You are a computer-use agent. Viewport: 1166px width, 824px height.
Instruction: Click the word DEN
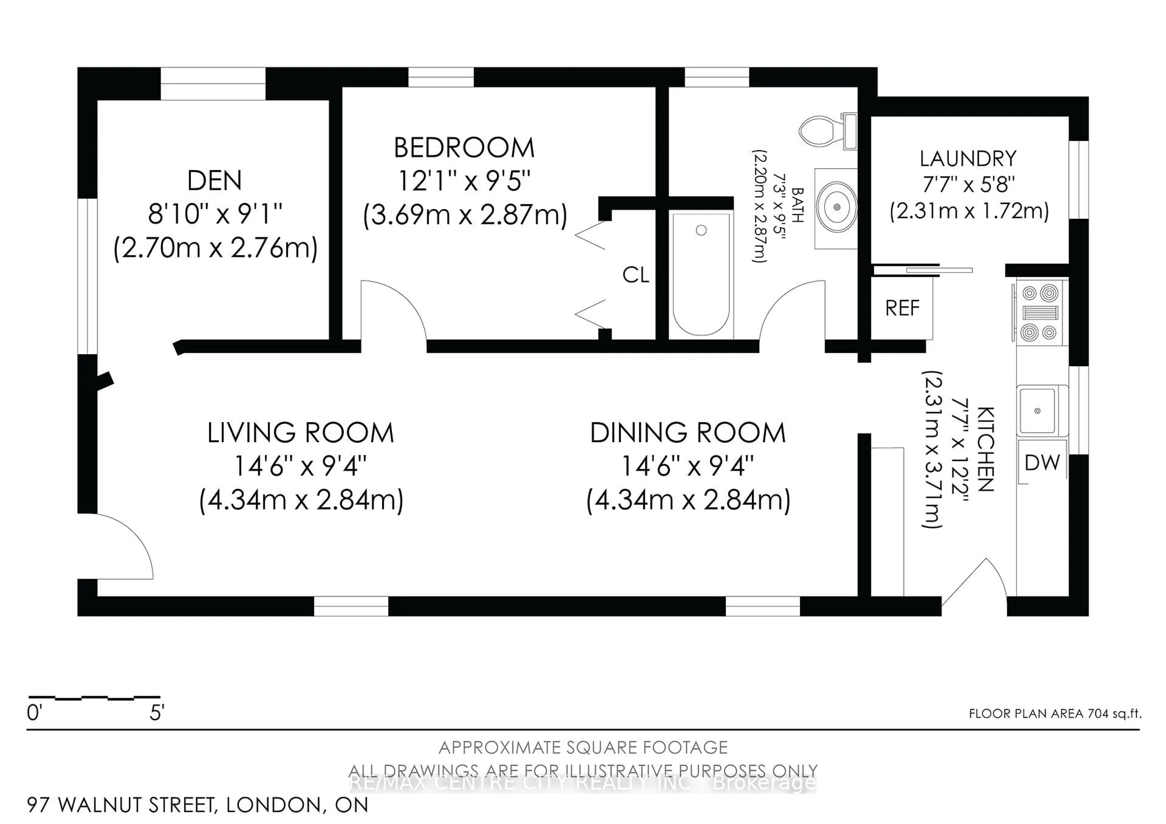click(x=214, y=181)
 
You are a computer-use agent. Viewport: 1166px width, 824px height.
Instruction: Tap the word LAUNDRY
click(x=968, y=159)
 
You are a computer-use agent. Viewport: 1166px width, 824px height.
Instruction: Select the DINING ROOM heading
click(x=688, y=433)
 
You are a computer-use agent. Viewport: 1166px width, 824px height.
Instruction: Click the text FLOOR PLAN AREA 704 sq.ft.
click(x=1055, y=713)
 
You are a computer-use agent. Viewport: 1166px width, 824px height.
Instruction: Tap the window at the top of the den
click(x=213, y=84)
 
